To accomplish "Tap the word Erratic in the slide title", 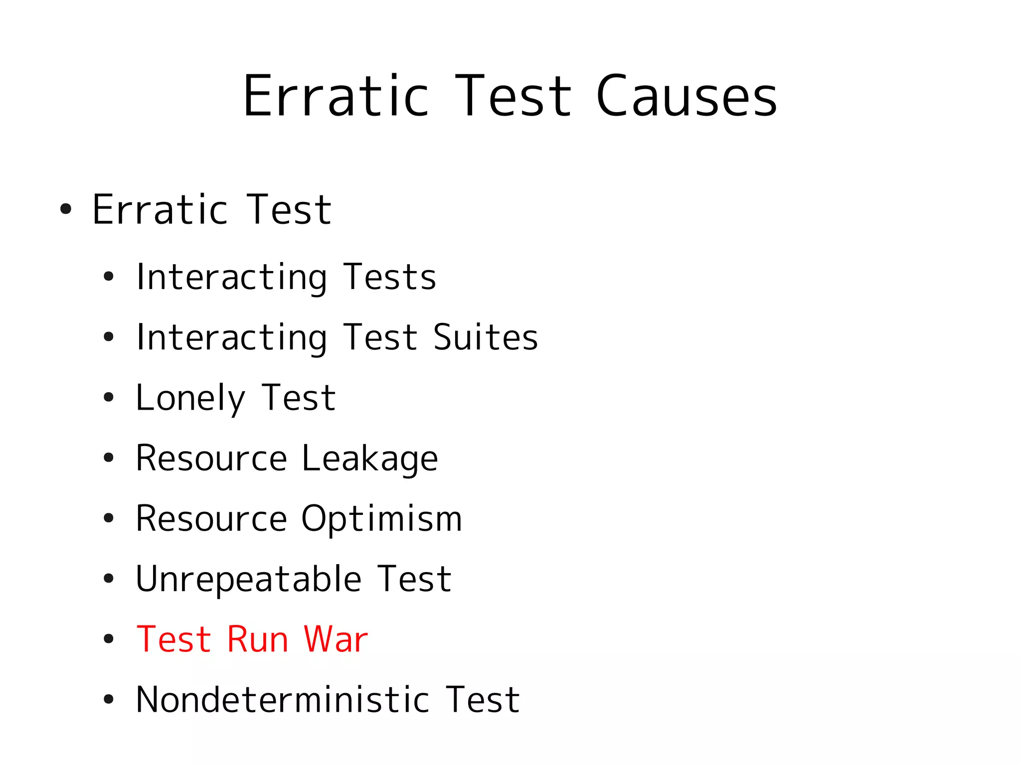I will pos(336,96).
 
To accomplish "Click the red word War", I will pos(336,639).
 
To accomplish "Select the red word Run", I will pos(257,639).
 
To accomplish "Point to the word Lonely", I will pos(190,399).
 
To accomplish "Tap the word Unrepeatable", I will pos(248,580).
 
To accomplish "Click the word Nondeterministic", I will pos(282,700).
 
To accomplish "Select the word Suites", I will pos(486,338).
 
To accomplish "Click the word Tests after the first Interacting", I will pos(389,278).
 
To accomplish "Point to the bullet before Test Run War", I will pos(108,639).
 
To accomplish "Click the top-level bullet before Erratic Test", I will pos(65,209).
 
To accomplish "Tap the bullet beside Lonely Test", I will pos(108,398).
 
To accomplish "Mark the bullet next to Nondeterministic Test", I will pos(108,699).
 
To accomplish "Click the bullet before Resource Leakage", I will pos(108,458).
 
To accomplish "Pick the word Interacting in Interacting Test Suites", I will pos(232,338).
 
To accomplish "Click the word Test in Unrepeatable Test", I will pos(414,580).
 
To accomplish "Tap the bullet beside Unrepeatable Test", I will pos(108,579).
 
